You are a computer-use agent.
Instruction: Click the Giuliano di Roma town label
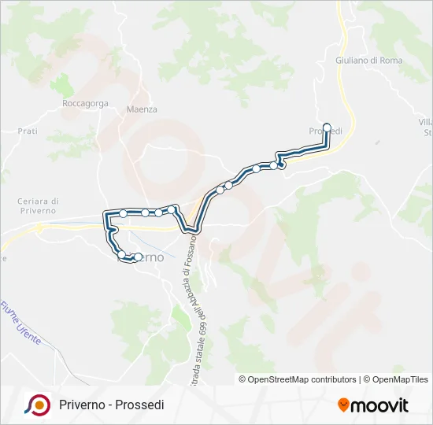(x=368, y=61)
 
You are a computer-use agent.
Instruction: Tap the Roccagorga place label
(x=84, y=103)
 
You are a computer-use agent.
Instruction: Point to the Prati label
(x=28, y=131)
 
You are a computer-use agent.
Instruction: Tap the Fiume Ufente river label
(x=20, y=322)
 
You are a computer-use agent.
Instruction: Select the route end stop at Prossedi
(x=327, y=126)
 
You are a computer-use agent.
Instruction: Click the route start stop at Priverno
(x=138, y=257)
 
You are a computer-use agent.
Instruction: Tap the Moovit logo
(x=373, y=405)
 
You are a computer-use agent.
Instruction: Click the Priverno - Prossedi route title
(x=111, y=405)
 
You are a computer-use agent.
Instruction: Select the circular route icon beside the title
(x=37, y=405)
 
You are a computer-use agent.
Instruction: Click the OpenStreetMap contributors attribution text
(x=302, y=379)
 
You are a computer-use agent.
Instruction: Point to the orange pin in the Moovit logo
(x=343, y=405)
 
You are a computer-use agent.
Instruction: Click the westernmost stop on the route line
(x=108, y=213)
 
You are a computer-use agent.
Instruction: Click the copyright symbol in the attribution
(x=243, y=379)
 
